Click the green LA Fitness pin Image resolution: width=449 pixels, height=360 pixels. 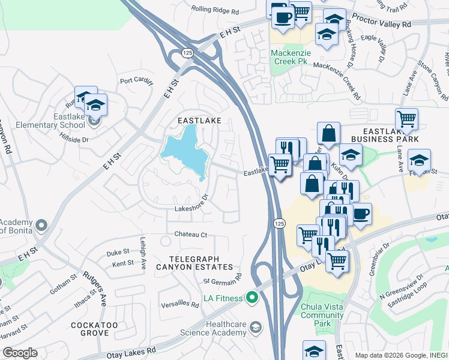click(x=252, y=297)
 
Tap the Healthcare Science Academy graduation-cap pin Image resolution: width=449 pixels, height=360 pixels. click(x=256, y=327)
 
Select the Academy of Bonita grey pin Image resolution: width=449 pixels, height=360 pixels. click(x=41, y=226)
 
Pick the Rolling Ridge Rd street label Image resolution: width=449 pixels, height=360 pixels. click(x=215, y=10)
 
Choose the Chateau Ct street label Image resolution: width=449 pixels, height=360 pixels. click(x=191, y=234)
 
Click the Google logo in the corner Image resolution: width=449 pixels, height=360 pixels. click(x=20, y=353)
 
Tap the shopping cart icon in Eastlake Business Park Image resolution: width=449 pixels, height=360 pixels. click(x=407, y=119)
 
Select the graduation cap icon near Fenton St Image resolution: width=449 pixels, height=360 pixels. click(x=419, y=160)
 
